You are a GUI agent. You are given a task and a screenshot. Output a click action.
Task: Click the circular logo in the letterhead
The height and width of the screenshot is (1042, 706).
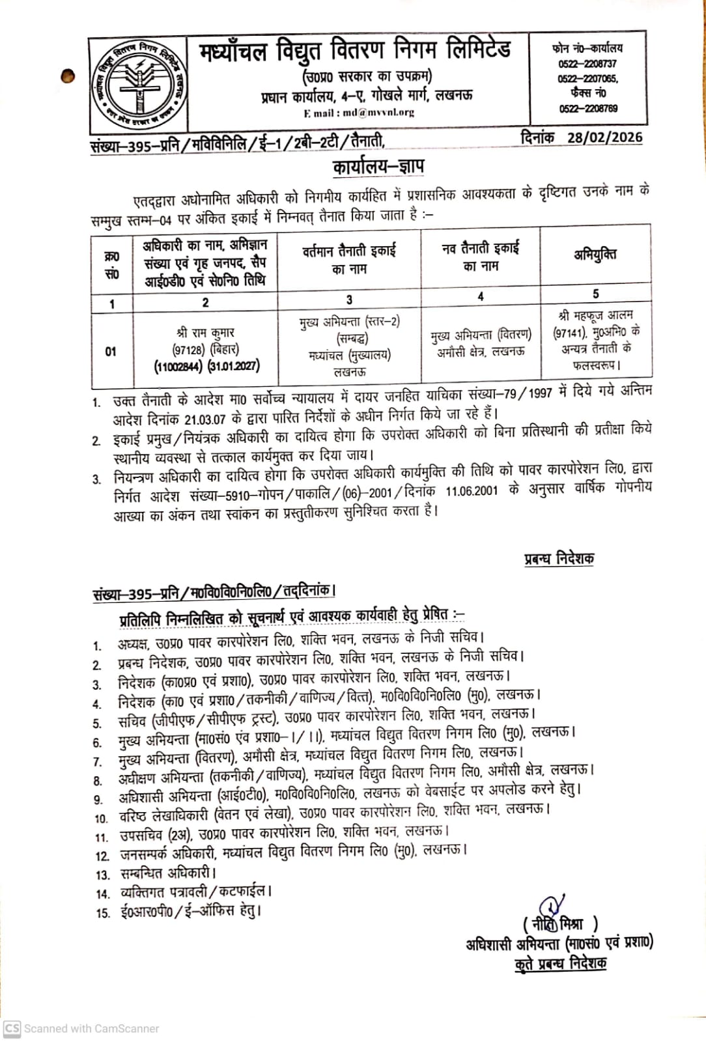138,85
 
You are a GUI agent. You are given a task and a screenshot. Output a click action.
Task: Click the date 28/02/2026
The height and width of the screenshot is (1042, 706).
604,137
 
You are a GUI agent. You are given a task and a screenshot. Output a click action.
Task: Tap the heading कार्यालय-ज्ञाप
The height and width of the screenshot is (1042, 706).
378,167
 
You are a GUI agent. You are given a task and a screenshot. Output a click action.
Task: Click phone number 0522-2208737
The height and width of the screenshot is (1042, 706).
587,64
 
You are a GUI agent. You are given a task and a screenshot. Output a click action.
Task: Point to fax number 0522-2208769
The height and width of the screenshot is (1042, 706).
588,109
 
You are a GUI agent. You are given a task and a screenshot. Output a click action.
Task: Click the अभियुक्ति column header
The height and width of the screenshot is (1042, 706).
595,254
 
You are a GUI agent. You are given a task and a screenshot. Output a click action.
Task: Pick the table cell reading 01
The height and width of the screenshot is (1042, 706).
111,352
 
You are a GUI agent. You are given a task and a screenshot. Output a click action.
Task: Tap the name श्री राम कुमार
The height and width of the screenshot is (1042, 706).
205,332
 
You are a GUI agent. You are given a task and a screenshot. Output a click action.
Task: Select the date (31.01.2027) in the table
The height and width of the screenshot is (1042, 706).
234,366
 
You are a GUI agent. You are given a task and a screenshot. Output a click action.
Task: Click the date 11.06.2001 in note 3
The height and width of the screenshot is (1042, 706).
472,490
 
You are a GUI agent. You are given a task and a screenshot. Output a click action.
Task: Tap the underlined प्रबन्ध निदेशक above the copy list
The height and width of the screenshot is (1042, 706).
559,559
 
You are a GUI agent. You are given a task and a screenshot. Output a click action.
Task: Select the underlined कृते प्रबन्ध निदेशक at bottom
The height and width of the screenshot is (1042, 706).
560,963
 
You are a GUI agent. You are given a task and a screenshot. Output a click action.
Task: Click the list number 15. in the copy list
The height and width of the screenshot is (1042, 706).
103,913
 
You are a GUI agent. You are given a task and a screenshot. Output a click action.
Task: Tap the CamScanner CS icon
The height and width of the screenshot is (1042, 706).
12,1028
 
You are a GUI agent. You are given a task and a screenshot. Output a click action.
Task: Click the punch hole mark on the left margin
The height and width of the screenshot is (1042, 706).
68,76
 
